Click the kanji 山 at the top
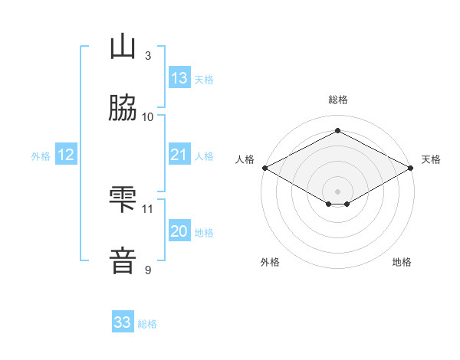click(123, 46)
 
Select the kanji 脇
click(123, 107)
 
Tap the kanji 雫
click(123, 199)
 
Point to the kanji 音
click(123, 260)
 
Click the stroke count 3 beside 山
click(148, 55)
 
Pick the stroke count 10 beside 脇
click(147, 117)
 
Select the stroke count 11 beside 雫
click(147, 209)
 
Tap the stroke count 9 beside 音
click(148, 270)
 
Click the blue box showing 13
click(179, 77)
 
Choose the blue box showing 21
click(179, 154)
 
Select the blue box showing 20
click(179, 230)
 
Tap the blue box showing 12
click(66, 154)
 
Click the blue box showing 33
click(123, 321)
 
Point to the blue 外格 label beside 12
click(41, 156)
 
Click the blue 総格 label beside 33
click(147, 324)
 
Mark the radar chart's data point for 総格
click(337, 130)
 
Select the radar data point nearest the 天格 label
click(410, 168)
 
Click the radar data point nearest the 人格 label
click(265, 168)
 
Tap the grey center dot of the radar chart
click(337, 191)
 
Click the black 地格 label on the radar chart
click(402, 262)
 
